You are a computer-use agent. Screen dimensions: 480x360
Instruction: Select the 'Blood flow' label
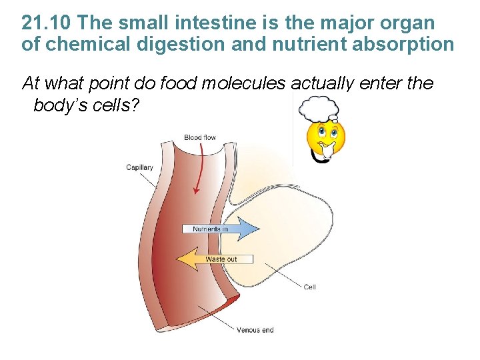[200, 138]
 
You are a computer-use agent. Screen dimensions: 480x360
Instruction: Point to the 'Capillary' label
[139, 167]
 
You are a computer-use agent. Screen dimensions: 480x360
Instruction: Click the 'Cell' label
[309, 287]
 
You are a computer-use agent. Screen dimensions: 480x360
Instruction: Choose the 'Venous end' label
[255, 329]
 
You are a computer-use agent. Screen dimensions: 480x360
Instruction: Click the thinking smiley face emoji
[325, 137]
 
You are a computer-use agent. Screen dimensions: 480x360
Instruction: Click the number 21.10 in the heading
[46, 23]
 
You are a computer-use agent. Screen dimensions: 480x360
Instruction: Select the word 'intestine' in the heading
[198, 23]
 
